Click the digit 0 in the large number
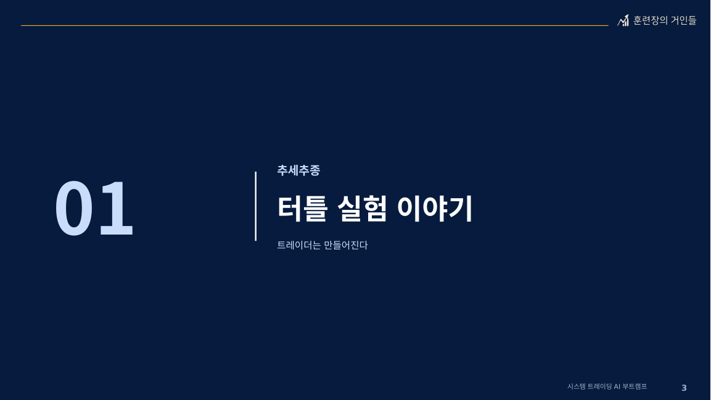click(74, 209)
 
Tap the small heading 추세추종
click(298, 170)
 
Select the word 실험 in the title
click(362, 209)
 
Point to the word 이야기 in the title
click(434, 209)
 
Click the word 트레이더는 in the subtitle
click(299, 245)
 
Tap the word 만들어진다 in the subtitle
click(345, 245)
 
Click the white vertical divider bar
click(256, 206)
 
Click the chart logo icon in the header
click(623, 20)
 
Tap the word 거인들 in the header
click(683, 20)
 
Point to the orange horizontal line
click(314, 25)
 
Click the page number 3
click(684, 388)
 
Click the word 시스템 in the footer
click(577, 386)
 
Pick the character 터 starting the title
click(289, 209)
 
